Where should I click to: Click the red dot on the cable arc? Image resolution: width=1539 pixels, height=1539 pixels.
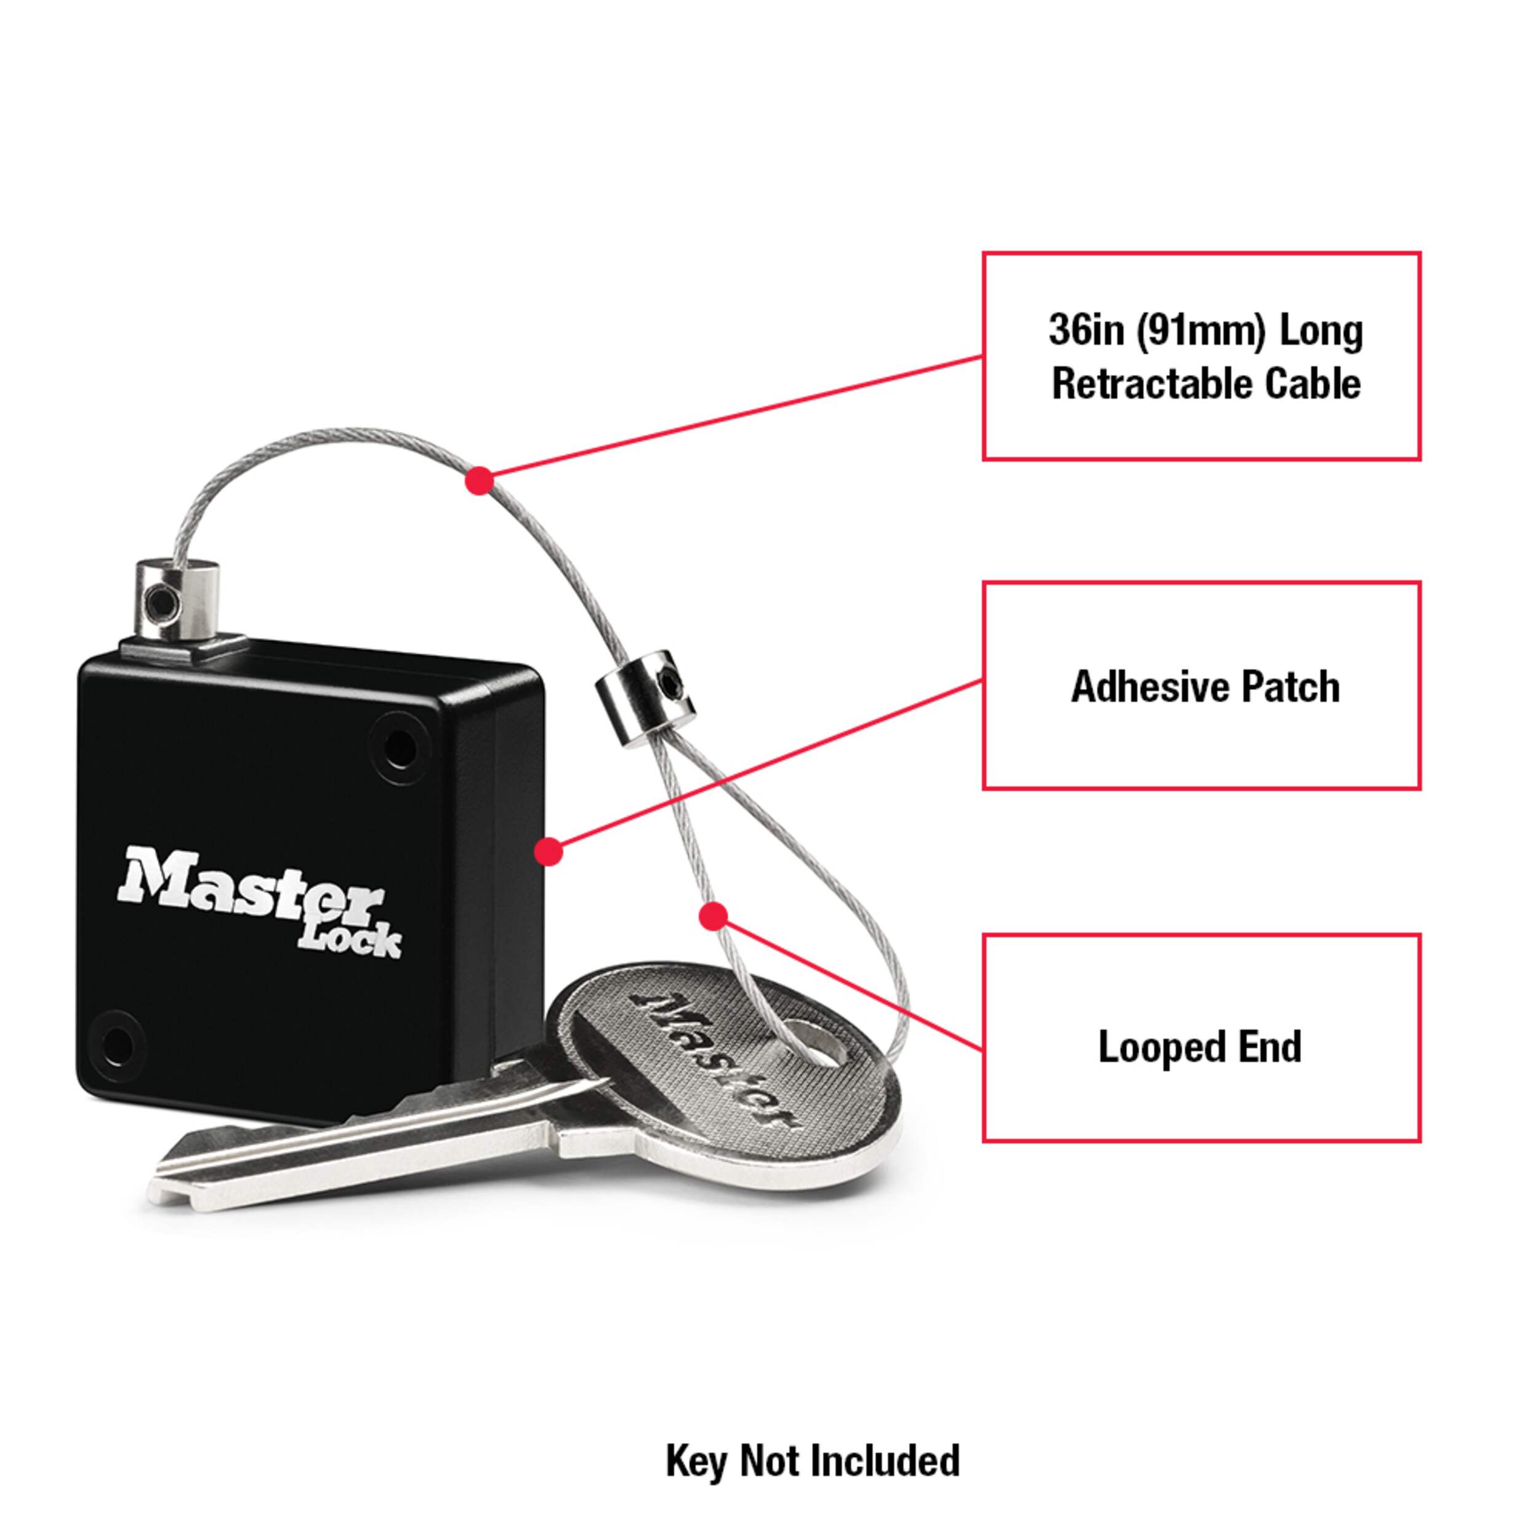479,480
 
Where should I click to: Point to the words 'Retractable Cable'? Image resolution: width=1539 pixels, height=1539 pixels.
1205,384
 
